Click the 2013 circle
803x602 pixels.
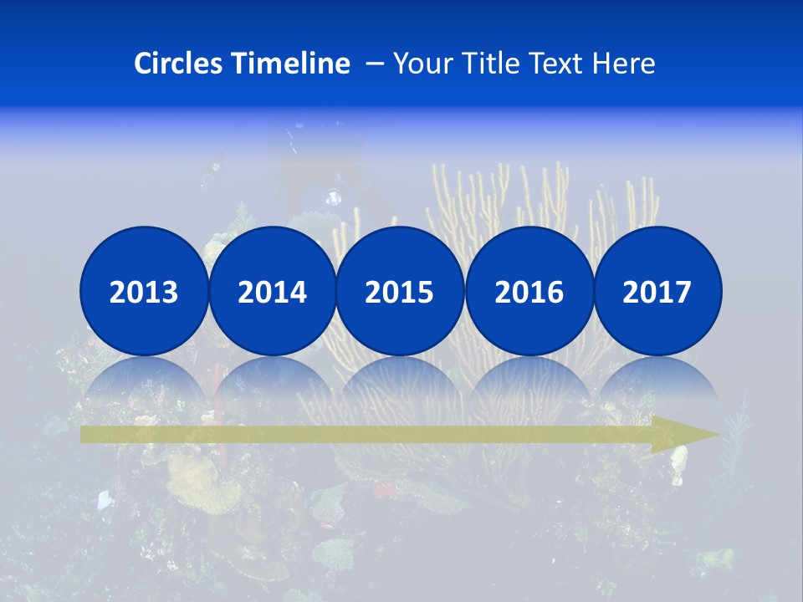[144, 291]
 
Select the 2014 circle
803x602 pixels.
[273, 291]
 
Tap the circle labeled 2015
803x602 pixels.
[400, 291]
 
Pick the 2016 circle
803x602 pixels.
[529, 291]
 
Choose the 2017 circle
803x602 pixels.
[657, 291]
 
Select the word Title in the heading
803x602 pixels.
[483, 64]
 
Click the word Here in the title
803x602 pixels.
[623, 64]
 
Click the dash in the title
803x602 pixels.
[375, 64]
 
